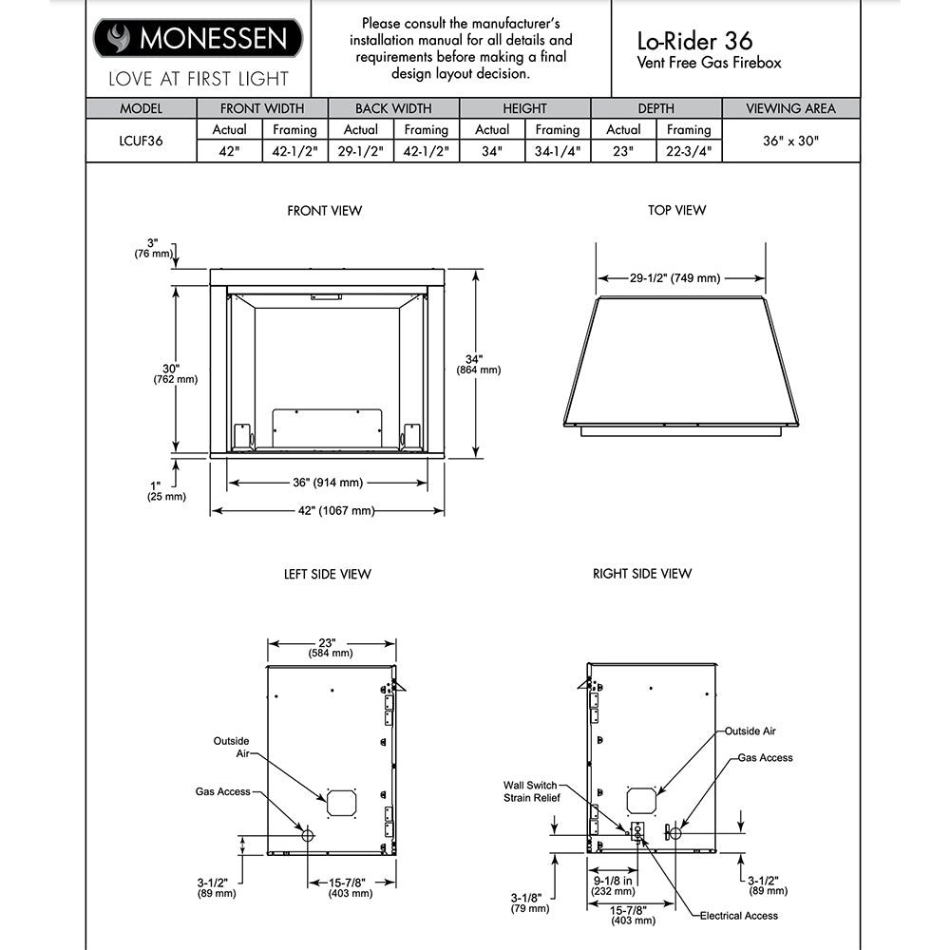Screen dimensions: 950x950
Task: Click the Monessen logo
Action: [x=198, y=38]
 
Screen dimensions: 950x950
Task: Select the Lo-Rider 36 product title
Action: [x=694, y=40]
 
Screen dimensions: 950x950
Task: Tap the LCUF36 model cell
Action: [x=141, y=141]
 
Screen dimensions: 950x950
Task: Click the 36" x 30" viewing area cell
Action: [x=790, y=141]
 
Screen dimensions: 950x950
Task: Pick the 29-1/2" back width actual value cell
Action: [x=360, y=150]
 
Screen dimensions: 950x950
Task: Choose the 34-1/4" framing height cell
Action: [x=557, y=150]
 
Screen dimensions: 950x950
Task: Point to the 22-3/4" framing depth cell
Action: [x=688, y=150]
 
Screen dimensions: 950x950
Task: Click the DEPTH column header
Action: [x=655, y=108]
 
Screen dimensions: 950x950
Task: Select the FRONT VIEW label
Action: [x=324, y=211]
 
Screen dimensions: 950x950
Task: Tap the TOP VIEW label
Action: [x=676, y=211]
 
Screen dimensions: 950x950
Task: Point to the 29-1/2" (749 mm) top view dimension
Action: [x=674, y=278]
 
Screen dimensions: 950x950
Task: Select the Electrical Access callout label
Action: [x=738, y=916]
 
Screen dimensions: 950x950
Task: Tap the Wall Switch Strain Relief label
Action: [x=531, y=791]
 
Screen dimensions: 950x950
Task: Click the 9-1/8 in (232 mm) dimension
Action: [x=613, y=885]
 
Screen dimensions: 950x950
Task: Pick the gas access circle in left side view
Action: [x=307, y=835]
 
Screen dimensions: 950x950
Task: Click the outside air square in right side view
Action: [x=641, y=800]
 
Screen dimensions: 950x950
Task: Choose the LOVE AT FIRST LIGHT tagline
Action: [x=198, y=79]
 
